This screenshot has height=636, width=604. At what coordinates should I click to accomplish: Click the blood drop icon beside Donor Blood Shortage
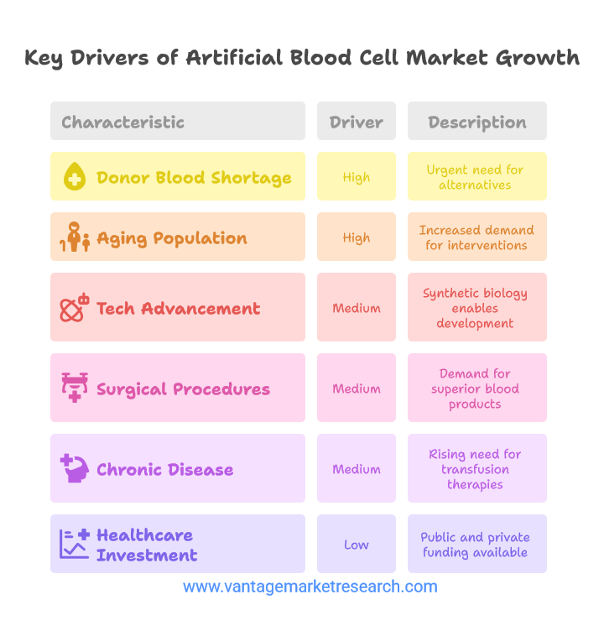pos(75,176)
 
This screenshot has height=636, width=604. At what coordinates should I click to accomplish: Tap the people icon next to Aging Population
pos(75,237)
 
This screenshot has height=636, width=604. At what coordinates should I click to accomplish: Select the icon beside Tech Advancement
pos(75,307)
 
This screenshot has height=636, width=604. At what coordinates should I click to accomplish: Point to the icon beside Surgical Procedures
pos(75,388)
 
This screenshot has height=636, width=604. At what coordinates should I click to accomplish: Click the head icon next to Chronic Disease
pos(75,468)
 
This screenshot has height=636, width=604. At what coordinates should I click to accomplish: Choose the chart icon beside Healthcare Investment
pos(75,544)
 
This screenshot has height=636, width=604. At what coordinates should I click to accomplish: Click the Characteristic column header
pos(178,121)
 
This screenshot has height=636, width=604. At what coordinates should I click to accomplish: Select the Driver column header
pos(357,121)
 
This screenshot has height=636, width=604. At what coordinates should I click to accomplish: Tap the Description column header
pos(477,121)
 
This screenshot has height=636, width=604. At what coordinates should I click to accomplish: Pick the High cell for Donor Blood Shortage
pos(357,176)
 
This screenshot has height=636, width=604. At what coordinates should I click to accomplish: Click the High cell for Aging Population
pos(357,237)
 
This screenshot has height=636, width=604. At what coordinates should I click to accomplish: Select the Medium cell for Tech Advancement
pos(357,307)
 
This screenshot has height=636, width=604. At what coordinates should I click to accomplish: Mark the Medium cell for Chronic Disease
pos(357,468)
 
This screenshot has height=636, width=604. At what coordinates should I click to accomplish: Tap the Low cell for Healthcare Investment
pos(357,544)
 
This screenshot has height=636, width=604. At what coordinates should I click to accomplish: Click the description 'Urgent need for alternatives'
pos(475,177)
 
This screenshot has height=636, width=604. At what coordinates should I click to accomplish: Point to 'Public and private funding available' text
pos(475,545)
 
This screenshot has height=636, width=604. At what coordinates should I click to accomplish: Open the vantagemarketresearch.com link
pos(310,586)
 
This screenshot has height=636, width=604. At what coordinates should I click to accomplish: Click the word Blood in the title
pos(320,58)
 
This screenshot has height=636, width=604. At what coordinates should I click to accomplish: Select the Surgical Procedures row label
pos(183,389)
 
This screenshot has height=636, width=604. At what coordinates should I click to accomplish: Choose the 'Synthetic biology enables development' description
pos(475,308)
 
